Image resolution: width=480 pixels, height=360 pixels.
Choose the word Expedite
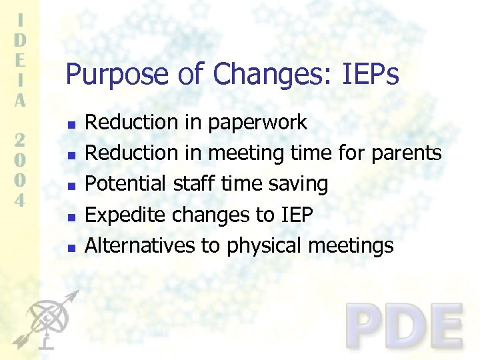(x=127, y=215)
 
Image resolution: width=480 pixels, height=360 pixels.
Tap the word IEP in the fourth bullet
(x=295, y=215)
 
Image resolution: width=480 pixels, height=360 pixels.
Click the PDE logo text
(x=405, y=326)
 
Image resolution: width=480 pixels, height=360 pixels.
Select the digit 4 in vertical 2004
(x=21, y=199)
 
